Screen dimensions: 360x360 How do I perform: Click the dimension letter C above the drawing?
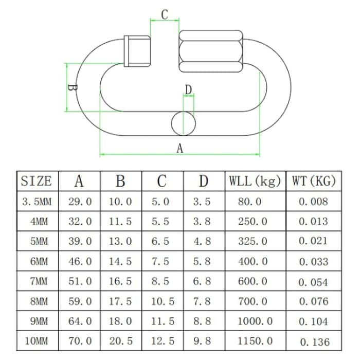pos(165,14)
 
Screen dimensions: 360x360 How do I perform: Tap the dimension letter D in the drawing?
pos(189,90)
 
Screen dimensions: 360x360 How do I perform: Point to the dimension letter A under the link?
pos(179,148)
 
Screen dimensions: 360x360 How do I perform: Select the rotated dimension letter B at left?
pos(73,87)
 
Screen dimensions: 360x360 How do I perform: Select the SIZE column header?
pos(37,181)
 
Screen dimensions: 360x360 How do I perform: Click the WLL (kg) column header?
pos(255,181)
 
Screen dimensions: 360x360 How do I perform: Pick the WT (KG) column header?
pos(314,181)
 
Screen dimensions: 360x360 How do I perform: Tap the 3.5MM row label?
pos(37,202)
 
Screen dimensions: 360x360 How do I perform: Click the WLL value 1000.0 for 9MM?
pos(255,321)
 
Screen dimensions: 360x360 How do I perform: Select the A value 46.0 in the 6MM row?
pos(80,261)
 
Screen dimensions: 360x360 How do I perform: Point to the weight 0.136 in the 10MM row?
pos(314,341)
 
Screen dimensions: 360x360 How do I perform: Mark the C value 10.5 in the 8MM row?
pos(163,301)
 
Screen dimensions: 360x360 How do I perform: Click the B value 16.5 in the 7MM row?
pos(120,281)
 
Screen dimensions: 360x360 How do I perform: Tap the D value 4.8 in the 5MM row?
pos(202,241)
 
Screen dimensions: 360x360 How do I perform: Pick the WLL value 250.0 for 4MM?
pos(253,221)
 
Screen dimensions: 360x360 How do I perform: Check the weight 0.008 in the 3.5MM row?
pos(313,202)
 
